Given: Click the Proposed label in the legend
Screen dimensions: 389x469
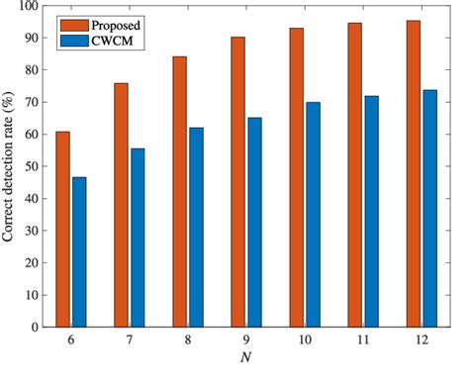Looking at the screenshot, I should coord(112,22).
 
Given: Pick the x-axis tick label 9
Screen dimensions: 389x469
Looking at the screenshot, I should coord(245,340).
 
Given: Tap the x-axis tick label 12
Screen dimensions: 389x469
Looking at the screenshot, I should coord(421,340).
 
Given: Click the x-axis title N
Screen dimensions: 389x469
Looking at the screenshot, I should coord(245,356).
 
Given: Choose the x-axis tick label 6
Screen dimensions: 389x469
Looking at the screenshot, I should coord(70,340).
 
